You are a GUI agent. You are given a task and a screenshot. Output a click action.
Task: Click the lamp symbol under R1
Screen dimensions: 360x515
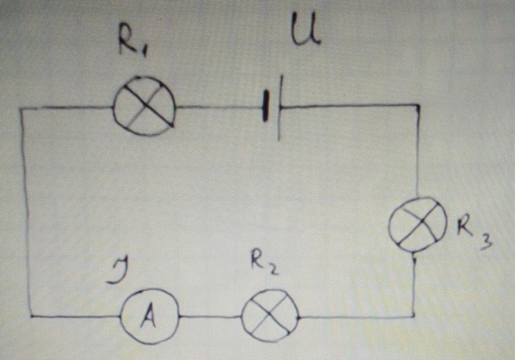(x=144, y=106)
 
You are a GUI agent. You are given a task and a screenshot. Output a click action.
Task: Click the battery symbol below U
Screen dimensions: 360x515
(x=273, y=107)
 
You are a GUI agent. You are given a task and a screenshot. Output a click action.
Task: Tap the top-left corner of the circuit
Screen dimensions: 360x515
(x=22, y=109)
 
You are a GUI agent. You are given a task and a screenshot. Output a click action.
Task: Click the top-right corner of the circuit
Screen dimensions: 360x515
(x=419, y=106)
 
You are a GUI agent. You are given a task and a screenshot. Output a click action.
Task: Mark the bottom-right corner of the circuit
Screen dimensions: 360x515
(x=414, y=316)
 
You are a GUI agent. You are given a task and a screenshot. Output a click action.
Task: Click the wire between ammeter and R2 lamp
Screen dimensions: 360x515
(x=209, y=317)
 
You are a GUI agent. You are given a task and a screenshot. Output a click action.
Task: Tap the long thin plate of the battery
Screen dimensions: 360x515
(x=280, y=107)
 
